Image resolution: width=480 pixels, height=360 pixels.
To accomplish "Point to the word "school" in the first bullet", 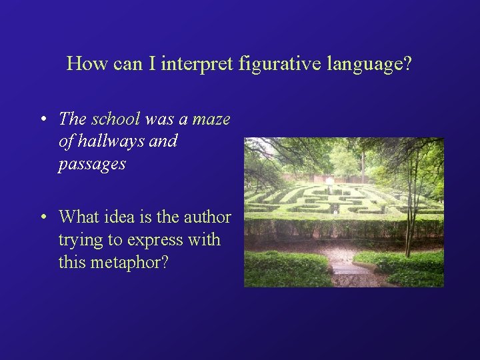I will point(115,119).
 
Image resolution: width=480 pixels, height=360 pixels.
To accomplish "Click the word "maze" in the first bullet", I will point(211,120).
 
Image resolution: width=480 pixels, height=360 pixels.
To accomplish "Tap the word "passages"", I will point(91,164).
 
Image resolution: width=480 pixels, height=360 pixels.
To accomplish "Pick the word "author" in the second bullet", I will point(208,217).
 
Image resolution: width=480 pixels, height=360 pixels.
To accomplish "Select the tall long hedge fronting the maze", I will point(343,225).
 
